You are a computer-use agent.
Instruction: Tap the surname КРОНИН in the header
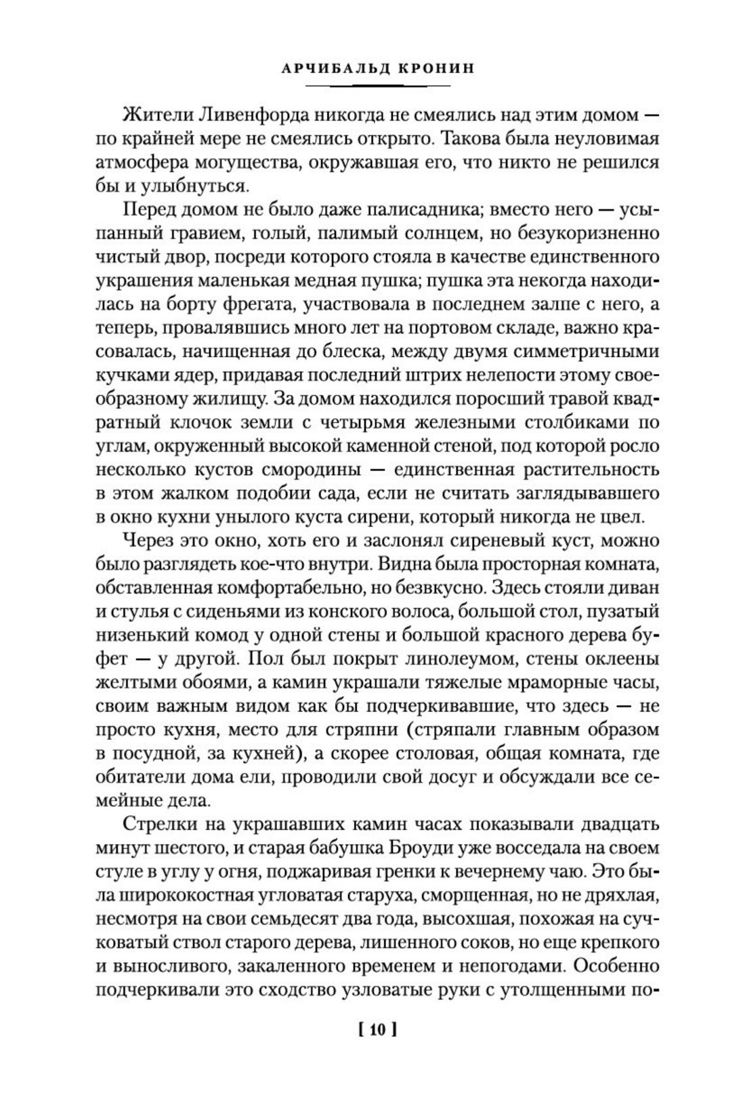coord(418,70)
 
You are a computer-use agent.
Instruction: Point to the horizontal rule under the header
coord(377,87)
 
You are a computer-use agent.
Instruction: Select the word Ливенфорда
coord(232,116)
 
